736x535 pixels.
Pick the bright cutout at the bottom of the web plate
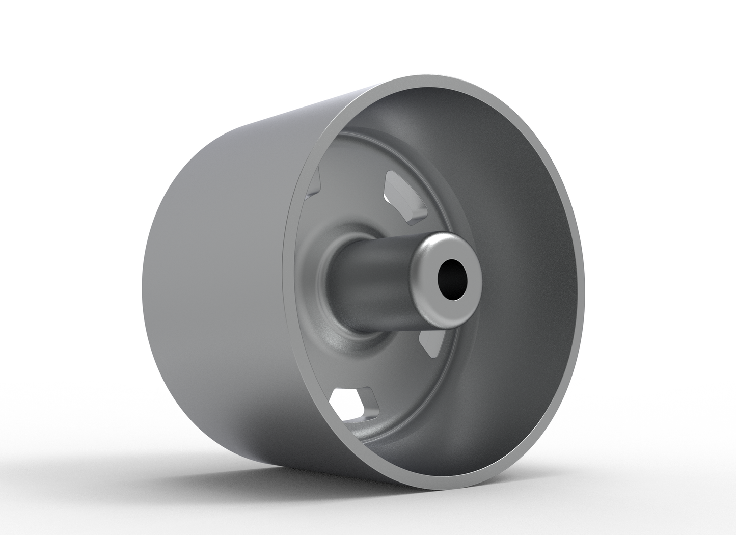[x=349, y=405]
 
